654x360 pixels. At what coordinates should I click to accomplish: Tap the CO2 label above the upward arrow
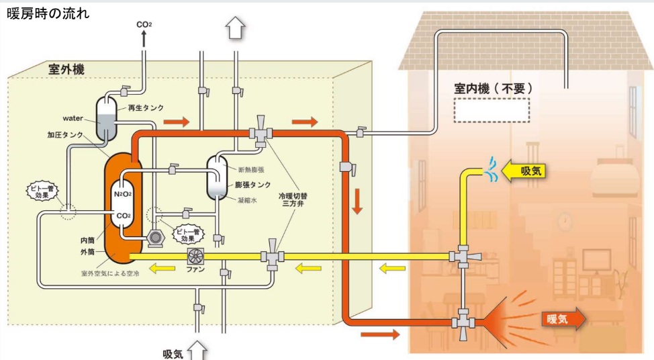(143, 25)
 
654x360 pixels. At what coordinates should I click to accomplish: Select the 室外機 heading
(66, 69)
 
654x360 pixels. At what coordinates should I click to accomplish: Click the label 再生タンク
(146, 107)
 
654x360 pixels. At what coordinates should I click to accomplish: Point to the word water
(73, 119)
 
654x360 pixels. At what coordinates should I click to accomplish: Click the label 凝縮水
(248, 199)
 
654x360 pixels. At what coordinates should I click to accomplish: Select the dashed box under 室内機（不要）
(491, 110)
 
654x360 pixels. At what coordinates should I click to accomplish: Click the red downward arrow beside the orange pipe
(357, 201)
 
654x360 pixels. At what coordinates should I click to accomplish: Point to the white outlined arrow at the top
(234, 29)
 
